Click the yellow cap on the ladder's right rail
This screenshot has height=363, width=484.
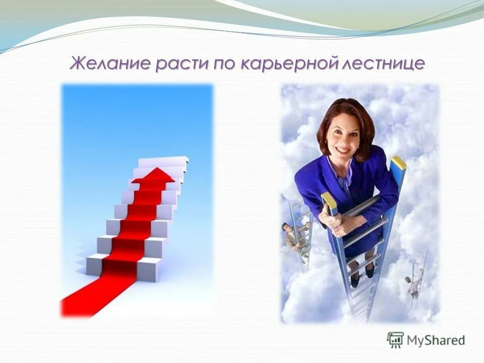tap(399, 162)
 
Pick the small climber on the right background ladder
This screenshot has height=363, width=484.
tap(413, 284)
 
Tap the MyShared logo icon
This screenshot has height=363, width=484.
tap(395, 340)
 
